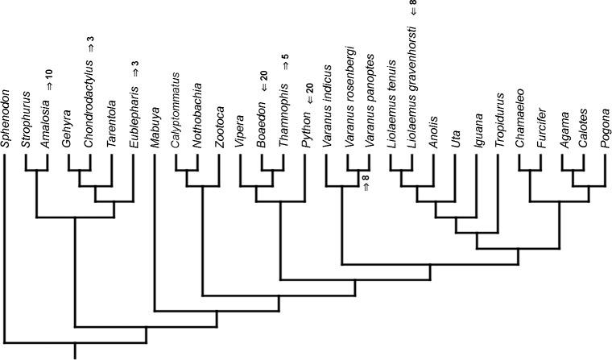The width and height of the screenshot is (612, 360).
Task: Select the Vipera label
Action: (239, 132)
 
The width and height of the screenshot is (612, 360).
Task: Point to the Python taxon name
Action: (304, 131)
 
